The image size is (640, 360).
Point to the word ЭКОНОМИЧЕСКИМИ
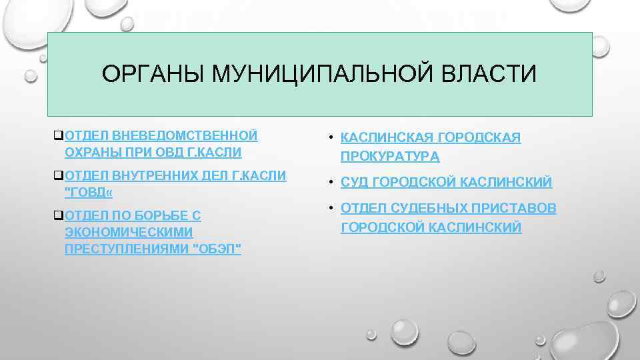pos(129,232)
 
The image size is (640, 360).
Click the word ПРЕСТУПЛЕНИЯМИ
pos(126,249)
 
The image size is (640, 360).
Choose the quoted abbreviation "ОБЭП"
pos(216,249)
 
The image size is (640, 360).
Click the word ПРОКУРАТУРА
pos(390,157)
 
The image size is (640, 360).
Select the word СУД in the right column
pos(354,182)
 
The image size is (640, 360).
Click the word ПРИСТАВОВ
pos(517,209)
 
